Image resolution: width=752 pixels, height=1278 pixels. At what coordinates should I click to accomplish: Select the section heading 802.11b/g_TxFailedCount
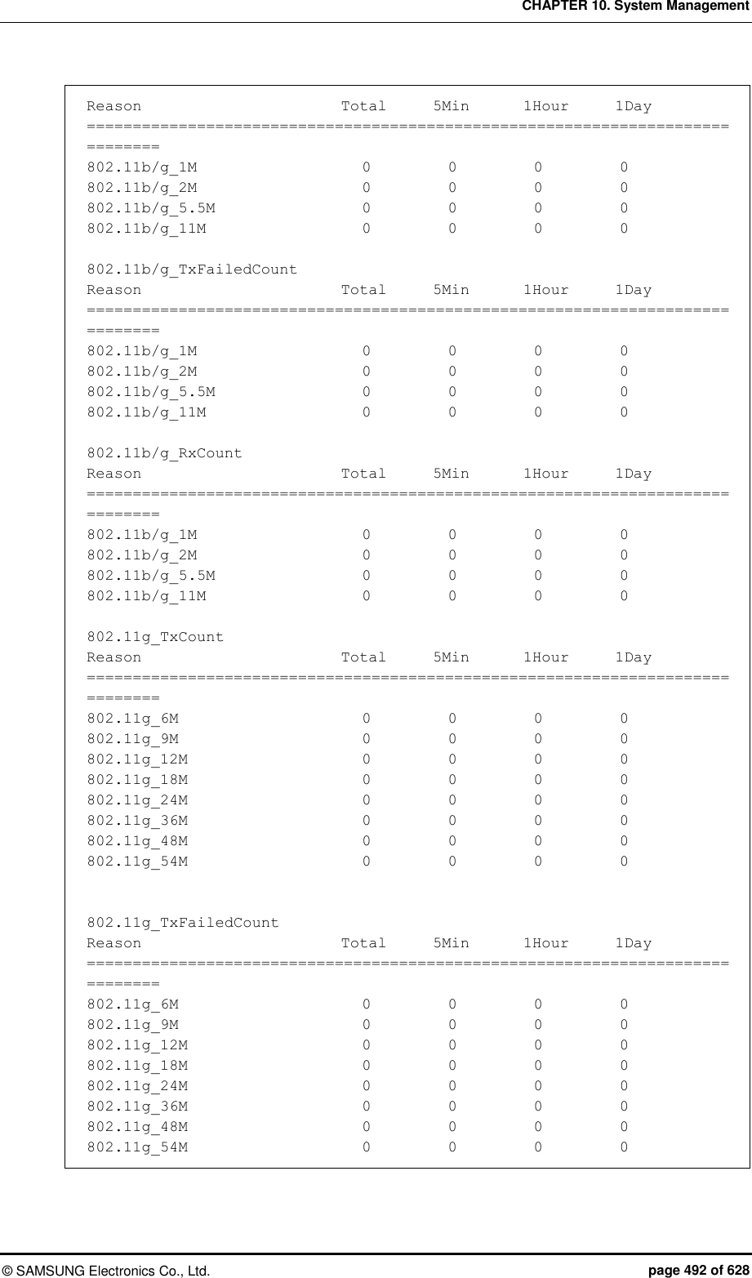[x=192, y=269]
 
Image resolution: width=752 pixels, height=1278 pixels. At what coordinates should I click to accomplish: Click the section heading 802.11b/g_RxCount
[x=164, y=453]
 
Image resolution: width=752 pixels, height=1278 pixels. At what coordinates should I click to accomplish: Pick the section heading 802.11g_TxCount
[x=155, y=637]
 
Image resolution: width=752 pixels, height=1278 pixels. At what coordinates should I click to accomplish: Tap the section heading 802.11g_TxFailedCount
[x=183, y=923]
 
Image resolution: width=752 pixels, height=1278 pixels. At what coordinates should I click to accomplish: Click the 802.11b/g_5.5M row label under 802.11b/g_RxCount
[x=151, y=576]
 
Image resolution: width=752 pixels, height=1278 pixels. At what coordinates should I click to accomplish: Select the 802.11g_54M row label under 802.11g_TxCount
[x=137, y=862]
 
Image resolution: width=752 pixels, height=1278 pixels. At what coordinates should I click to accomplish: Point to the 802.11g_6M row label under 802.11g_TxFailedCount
[x=132, y=1004]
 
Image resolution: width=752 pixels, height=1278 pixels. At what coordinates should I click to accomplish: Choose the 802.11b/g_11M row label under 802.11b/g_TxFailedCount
[x=146, y=412]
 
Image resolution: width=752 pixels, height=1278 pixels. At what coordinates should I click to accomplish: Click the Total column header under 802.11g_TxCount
[x=363, y=657]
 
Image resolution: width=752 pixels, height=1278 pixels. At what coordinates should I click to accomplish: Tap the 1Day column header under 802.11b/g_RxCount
[x=633, y=474]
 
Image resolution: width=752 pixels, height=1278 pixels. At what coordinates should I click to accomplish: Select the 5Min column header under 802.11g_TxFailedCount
[x=451, y=943]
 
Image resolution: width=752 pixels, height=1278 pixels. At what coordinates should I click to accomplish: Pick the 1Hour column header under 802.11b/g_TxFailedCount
[x=545, y=290]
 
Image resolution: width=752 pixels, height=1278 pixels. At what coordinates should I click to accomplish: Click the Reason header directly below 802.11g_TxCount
[x=113, y=657]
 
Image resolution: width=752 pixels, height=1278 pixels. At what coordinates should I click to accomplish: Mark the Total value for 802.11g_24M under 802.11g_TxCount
[x=367, y=800]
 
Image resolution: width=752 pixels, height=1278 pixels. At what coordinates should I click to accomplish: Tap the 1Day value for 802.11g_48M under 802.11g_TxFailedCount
[x=624, y=1127]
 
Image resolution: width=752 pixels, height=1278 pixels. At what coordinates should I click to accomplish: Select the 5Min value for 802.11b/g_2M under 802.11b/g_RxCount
[x=452, y=555]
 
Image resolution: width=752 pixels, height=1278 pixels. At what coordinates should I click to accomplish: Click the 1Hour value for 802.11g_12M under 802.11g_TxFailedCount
[x=538, y=1045]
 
